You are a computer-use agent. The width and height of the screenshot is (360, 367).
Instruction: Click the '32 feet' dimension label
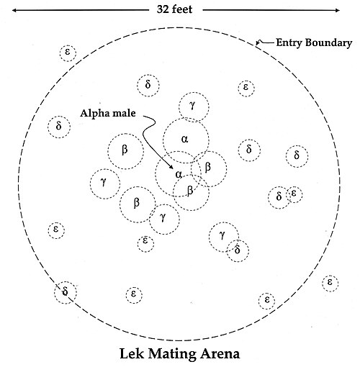[174, 9]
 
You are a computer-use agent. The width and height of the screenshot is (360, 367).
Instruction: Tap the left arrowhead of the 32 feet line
[14, 10]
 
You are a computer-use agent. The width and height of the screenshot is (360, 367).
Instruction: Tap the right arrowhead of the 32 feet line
[338, 10]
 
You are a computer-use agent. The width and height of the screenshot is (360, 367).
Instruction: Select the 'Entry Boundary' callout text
[314, 42]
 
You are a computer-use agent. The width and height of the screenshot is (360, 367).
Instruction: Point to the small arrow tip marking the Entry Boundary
[256, 45]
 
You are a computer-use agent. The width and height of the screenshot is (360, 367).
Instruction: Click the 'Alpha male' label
[108, 113]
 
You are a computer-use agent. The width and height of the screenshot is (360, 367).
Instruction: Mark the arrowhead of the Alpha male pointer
[171, 167]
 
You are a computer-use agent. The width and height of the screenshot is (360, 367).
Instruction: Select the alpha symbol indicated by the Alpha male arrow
[179, 174]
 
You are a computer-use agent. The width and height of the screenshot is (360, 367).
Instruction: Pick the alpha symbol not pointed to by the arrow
[184, 139]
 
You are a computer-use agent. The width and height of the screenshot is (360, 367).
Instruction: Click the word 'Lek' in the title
[132, 353]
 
